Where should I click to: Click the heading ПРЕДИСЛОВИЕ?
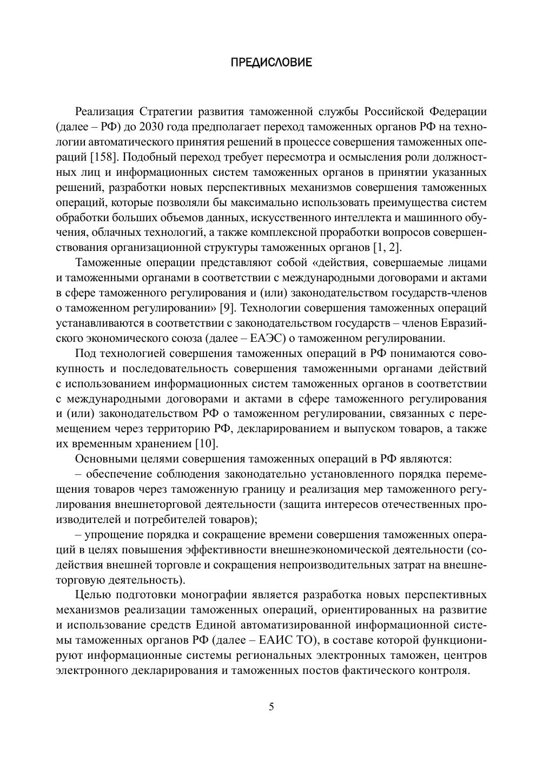(x=271, y=63)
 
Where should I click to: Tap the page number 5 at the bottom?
(x=271, y=706)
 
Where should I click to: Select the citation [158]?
(x=98, y=157)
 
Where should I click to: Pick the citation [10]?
(x=206, y=444)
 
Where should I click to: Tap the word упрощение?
(x=114, y=535)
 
